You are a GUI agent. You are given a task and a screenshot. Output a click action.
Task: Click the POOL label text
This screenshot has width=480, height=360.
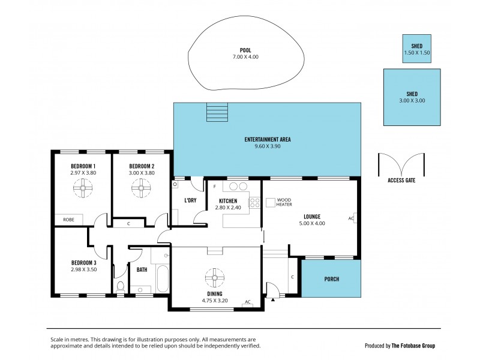[x=245, y=50]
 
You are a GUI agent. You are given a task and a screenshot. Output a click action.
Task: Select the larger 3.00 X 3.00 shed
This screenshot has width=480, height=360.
[x=412, y=97]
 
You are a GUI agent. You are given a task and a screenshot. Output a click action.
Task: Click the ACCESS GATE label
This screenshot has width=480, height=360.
[x=401, y=180]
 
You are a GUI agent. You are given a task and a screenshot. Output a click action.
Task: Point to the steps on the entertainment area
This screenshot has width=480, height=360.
[x=217, y=112]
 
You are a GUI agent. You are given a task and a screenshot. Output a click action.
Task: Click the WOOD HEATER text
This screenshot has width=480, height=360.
[x=284, y=202]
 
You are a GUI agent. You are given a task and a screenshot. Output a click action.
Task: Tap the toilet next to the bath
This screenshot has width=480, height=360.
[x=120, y=287]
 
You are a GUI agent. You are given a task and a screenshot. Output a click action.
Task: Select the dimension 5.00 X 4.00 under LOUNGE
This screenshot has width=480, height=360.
[x=312, y=224]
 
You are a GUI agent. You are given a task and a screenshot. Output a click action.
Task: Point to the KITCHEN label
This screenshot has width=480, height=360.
[x=228, y=200]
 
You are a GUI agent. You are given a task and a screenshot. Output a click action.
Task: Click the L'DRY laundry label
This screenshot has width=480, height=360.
[x=190, y=200]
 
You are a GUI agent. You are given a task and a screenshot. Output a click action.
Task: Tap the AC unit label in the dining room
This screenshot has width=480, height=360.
[x=247, y=302]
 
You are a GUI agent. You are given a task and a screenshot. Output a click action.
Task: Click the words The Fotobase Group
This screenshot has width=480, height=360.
[x=413, y=346]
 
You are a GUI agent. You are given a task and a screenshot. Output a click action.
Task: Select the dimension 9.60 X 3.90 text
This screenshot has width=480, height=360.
[x=268, y=146]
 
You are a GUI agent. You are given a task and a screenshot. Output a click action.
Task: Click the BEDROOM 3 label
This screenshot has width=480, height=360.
[x=83, y=263]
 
